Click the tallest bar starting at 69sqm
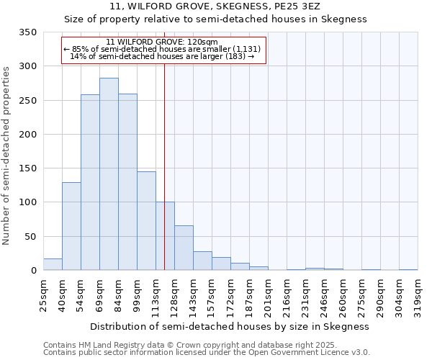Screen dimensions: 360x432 109,174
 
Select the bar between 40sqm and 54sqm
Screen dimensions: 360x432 71,226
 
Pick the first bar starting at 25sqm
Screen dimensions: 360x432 53,264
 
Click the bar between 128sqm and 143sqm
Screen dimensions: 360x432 184,248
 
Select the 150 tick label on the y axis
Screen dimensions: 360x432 27,168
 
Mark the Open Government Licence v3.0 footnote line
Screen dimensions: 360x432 207,353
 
